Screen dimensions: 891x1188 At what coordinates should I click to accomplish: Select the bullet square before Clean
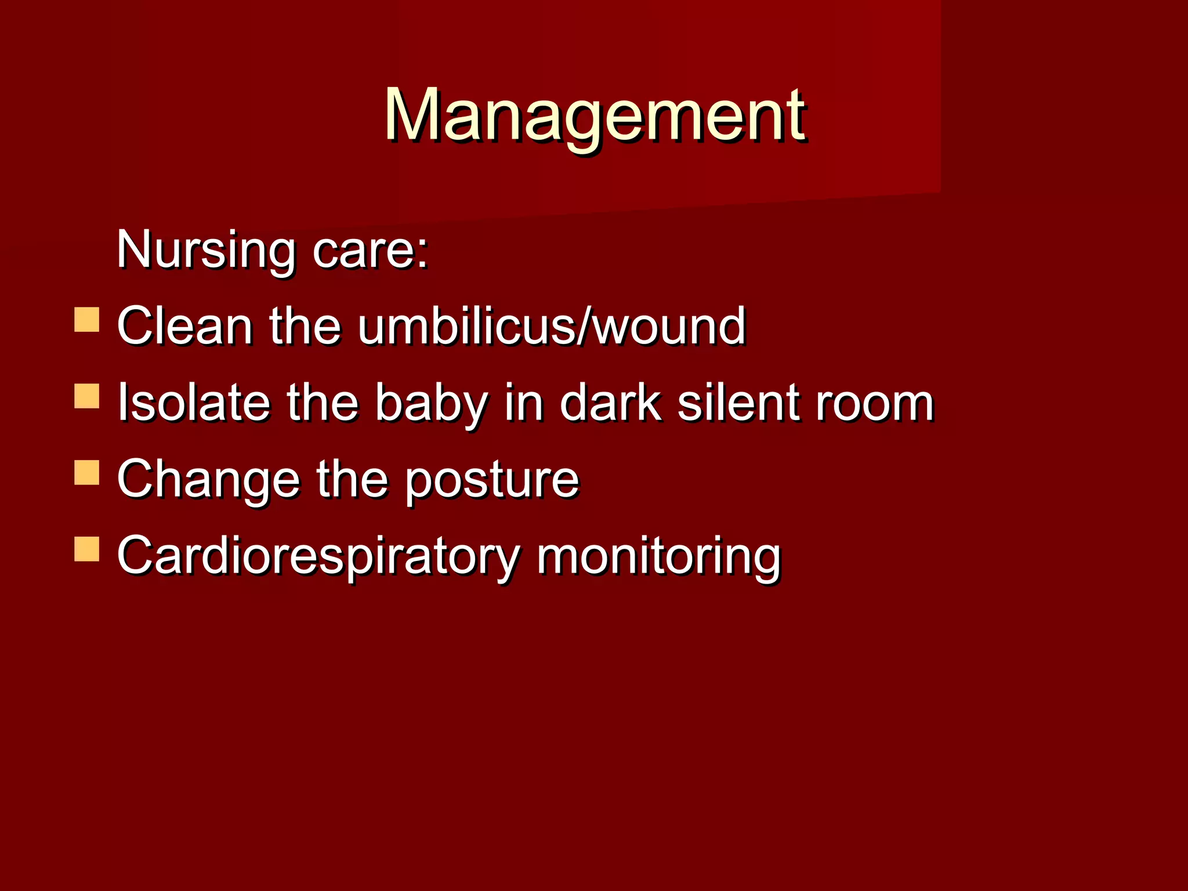pyautogui.click(x=87, y=320)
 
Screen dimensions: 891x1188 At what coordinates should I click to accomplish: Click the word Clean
pyautogui.click(x=184, y=326)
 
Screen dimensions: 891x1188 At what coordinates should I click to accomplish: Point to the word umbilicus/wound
pyautogui.click(x=551, y=326)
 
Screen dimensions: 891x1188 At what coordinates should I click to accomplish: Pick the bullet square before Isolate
pyautogui.click(x=87, y=396)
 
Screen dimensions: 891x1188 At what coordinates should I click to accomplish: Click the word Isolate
pyautogui.click(x=194, y=403)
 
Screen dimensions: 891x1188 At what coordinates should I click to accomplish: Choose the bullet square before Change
pyautogui.click(x=87, y=472)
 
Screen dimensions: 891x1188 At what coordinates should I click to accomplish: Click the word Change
pyautogui.click(x=208, y=480)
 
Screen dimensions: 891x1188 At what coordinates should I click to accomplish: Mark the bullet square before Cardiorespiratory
pyautogui.click(x=87, y=549)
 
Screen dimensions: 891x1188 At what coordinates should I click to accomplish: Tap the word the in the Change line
pyautogui.click(x=352, y=479)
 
